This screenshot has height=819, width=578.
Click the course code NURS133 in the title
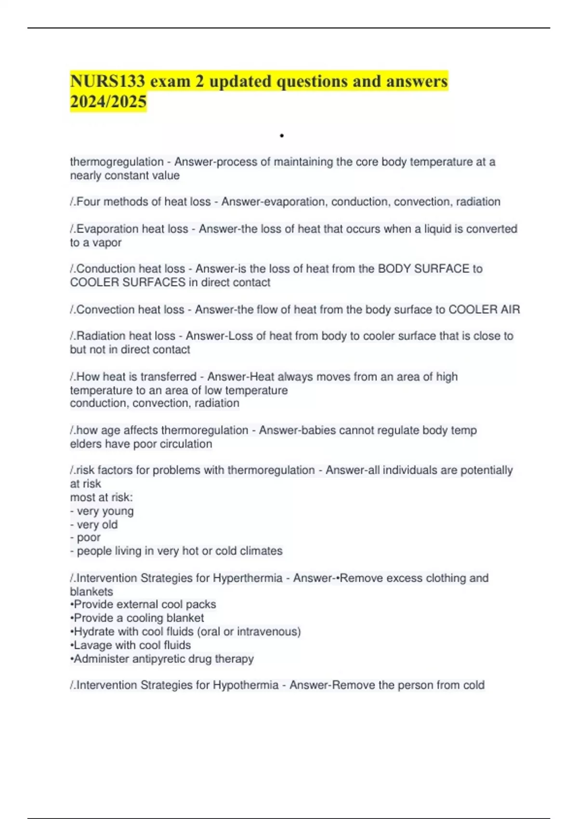pyautogui.click(x=107, y=81)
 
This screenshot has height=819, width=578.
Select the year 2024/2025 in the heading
pyautogui.click(x=108, y=102)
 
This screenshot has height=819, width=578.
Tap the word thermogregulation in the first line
pyautogui.click(x=117, y=162)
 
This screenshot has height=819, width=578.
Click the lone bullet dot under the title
pyautogui.click(x=281, y=136)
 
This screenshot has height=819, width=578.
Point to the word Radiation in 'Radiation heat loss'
pyautogui.click(x=102, y=336)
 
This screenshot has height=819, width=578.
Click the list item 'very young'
pyautogui.click(x=105, y=511)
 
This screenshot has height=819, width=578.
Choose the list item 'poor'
pyautogui.click(x=89, y=537)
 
